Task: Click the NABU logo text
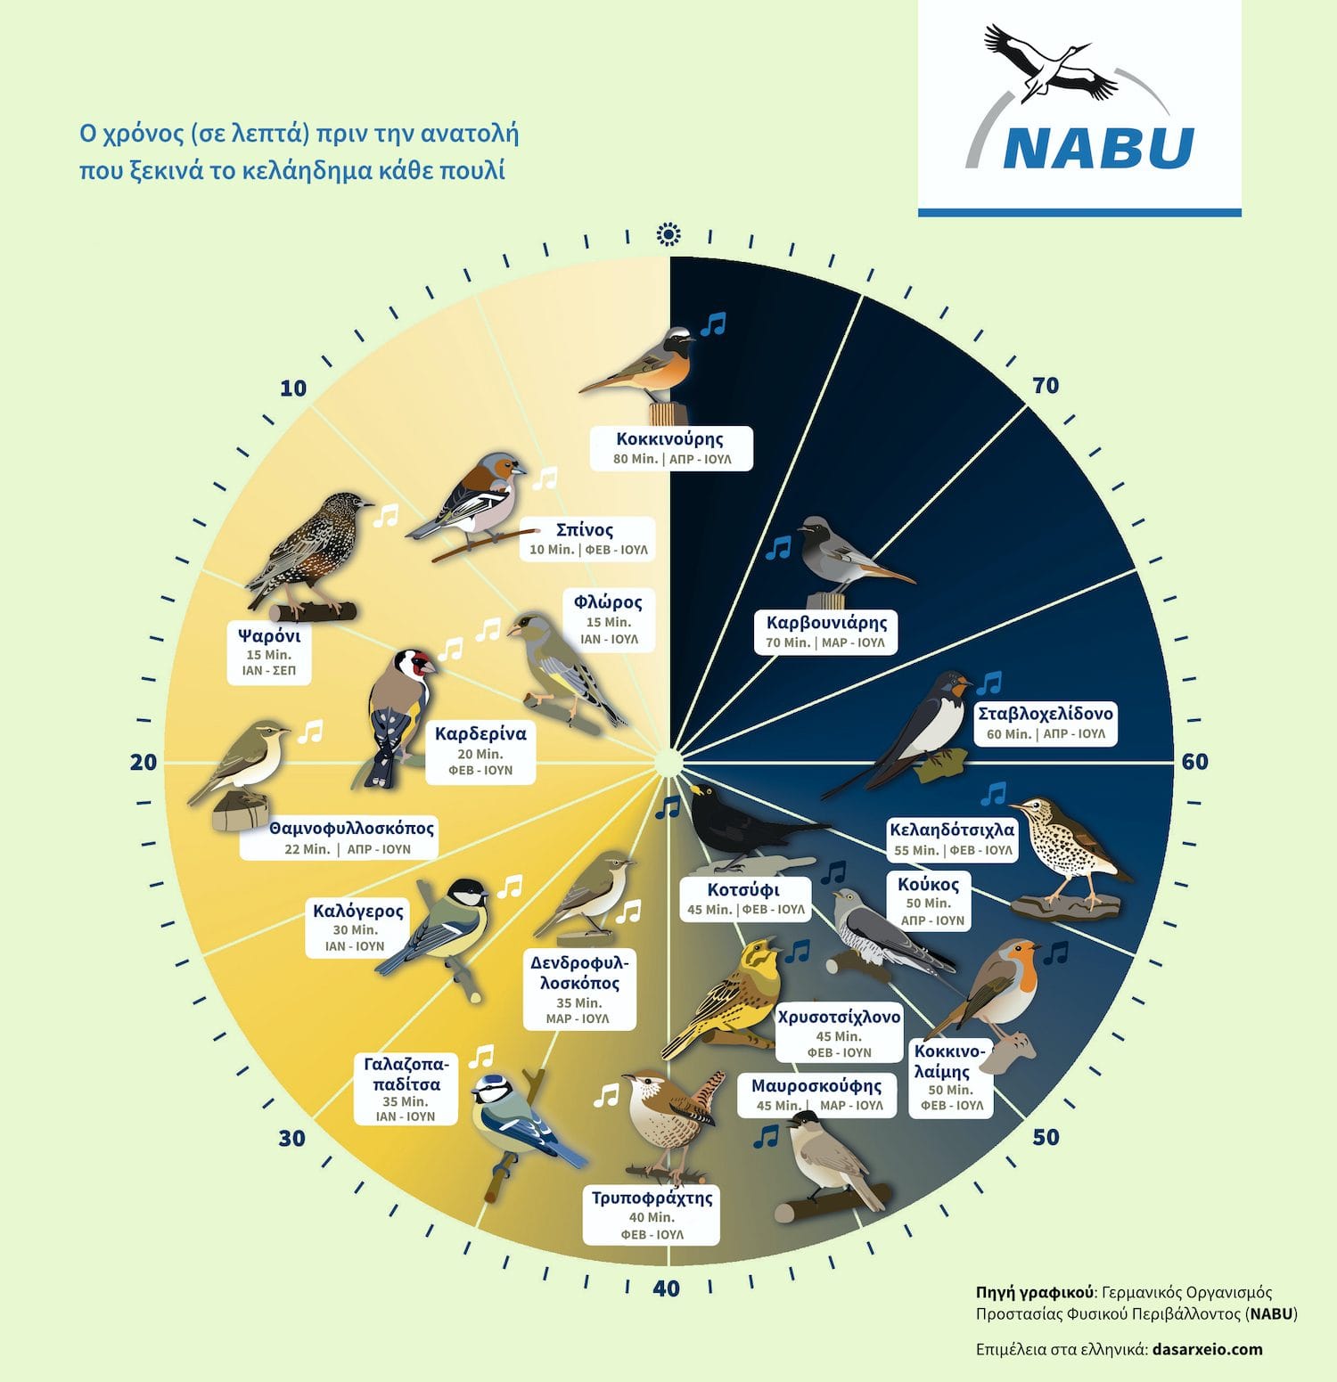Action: pyautogui.click(x=1098, y=148)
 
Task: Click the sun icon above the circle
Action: pyautogui.click(x=668, y=234)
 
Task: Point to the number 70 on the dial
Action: pyautogui.click(x=1046, y=385)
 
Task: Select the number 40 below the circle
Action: pyautogui.click(x=667, y=1288)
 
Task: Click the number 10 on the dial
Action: pyautogui.click(x=292, y=388)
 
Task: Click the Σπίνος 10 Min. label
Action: pyautogui.click(x=587, y=539)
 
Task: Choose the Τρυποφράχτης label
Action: pyautogui.click(x=652, y=1215)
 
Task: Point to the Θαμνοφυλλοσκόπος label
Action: pyautogui.click(x=340, y=838)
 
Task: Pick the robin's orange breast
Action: pyautogui.click(x=1027, y=973)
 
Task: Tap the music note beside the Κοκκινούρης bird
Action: pyautogui.click(x=713, y=324)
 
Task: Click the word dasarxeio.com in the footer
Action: pyautogui.click(x=1207, y=1348)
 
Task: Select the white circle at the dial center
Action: pyautogui.click(x=668, y=763)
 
